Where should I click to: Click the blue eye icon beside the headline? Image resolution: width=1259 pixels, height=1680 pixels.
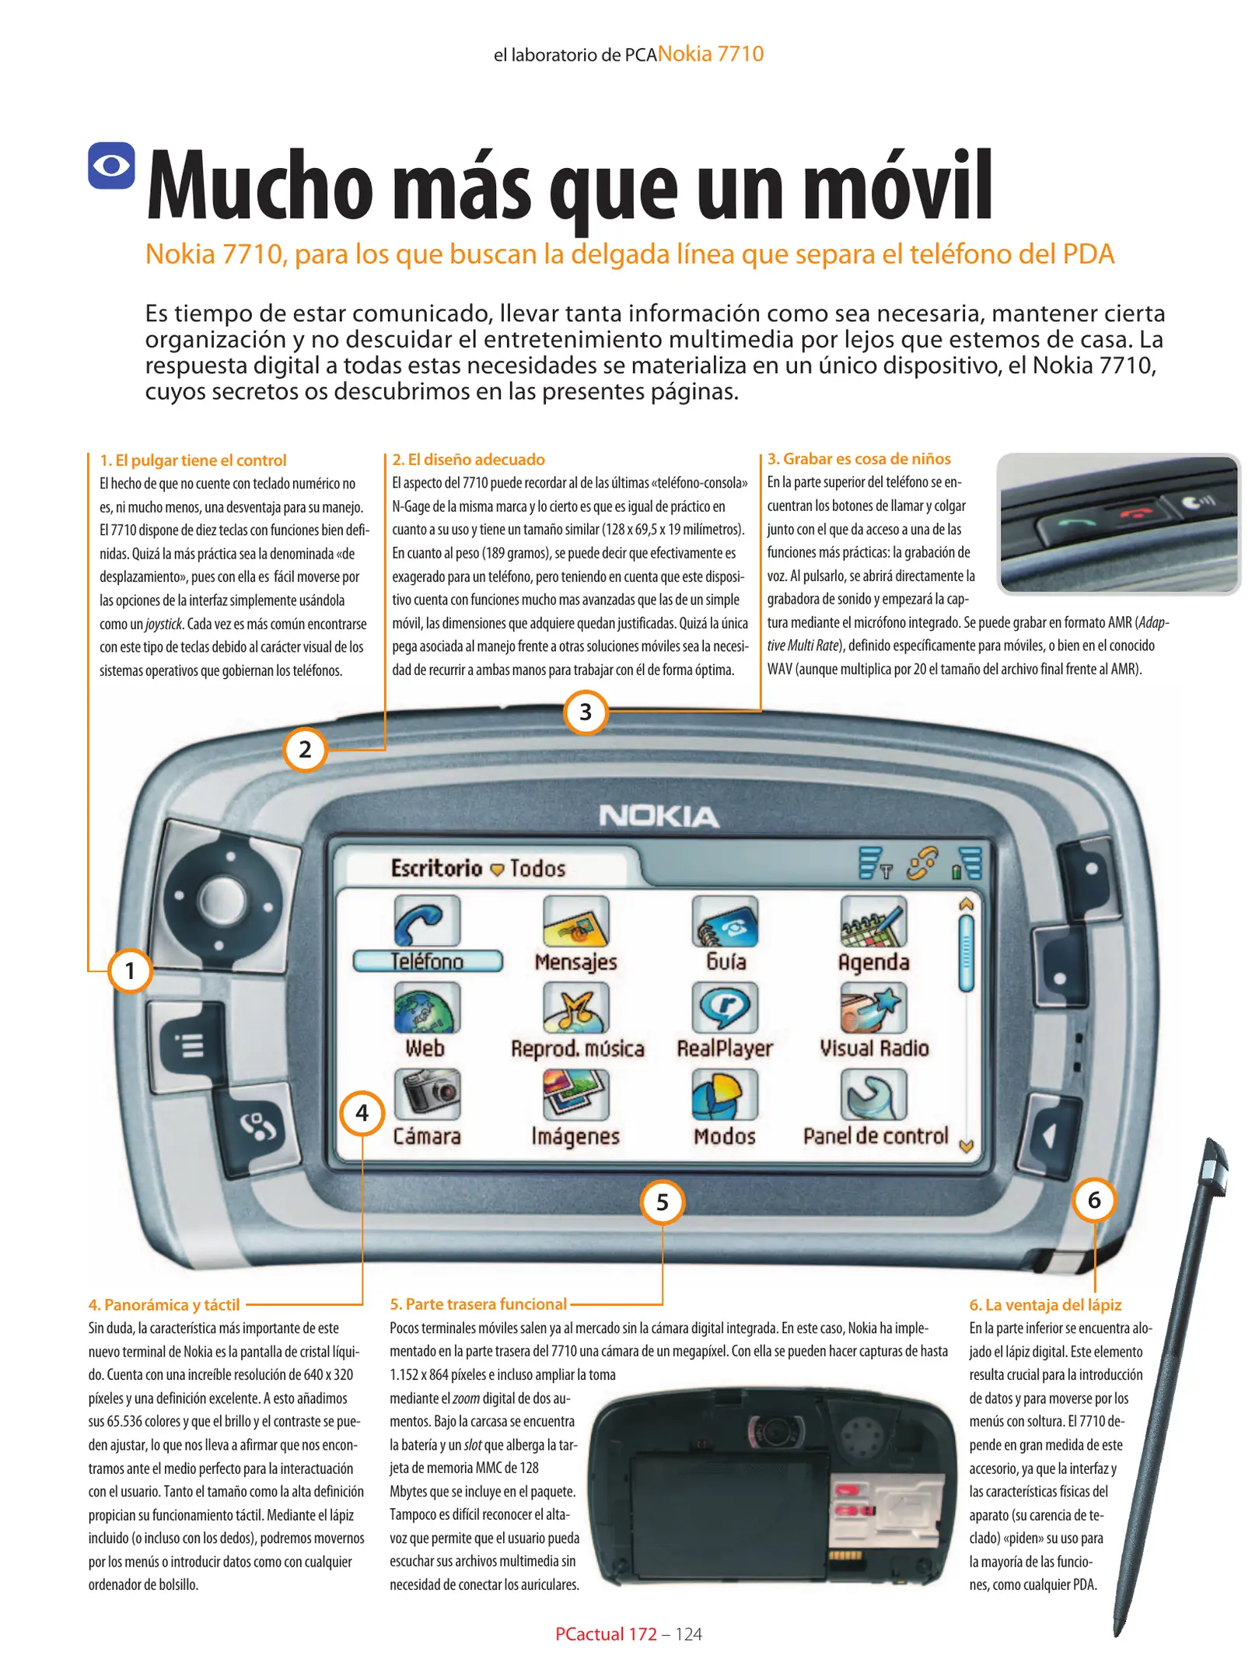(111, 165)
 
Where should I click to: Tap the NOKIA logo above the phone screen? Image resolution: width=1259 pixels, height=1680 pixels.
(659, 816)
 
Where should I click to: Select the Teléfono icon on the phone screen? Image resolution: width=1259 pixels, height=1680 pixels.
(427, 921)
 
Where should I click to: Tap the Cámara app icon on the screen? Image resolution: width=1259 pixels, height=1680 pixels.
(427, 1094)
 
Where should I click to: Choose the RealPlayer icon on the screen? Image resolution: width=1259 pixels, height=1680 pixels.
(725, 1007)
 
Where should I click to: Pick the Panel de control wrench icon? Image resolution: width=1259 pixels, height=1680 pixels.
(873, 1094)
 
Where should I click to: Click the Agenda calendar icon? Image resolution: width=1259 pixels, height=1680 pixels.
(873, 921)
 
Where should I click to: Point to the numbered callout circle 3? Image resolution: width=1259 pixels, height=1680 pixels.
(586, 712)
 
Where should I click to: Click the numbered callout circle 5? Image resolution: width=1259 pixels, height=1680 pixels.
(663, 1202)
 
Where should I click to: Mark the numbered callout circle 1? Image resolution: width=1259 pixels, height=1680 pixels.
(130, 971)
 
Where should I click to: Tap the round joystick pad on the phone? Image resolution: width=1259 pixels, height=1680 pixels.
(223, 901)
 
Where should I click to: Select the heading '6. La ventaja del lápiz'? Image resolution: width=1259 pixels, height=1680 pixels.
(1045, 1304)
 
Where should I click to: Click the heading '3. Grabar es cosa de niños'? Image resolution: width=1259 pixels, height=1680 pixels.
(859, 459)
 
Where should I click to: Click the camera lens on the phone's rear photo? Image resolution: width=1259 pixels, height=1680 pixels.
(774, 1432)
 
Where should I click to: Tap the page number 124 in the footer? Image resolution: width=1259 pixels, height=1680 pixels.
(688, 1634)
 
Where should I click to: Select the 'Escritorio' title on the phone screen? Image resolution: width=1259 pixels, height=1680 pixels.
(436, 868)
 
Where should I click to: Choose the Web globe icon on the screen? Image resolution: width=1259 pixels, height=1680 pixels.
(427, 1007)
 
